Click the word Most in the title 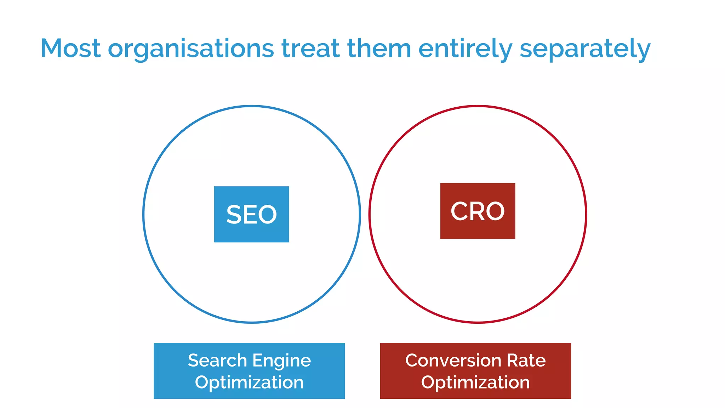click(70, 48)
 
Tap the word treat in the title click(310, 48)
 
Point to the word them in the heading click(379, 48)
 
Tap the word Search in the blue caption click(217, 361)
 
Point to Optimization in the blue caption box click(249, 382)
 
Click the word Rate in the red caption click(526, 361)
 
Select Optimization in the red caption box click(475, 382)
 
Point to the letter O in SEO click(269, 215)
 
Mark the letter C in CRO click(459, 211)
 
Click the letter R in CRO click(477, 211)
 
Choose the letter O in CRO click(495, 211)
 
